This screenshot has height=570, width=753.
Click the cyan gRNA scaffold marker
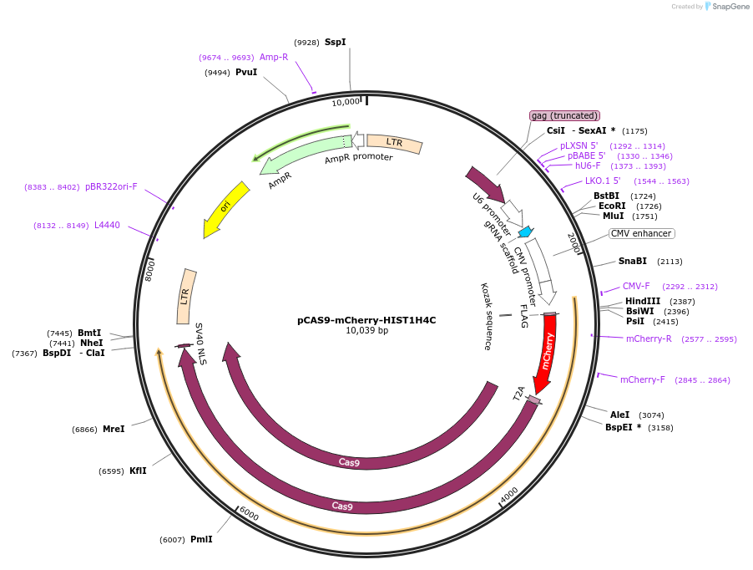tap(526, 232)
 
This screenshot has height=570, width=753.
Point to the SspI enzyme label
tap(335, 42)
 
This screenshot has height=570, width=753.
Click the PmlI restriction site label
tap(201, 539)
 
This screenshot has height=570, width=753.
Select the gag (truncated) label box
tap(564, 115)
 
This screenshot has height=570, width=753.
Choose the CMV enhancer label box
tap(640, 233)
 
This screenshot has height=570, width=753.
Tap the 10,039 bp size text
tap(366, 331)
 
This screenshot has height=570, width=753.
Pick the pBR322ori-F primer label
tap(111, 186)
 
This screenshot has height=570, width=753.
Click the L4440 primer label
tap(107, 225)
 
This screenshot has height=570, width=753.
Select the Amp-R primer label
tap(274, 57)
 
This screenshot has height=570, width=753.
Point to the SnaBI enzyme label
tap(632, 261)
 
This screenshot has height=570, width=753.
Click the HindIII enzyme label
tap(642, 301)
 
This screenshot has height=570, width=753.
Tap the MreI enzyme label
tap(114, 429)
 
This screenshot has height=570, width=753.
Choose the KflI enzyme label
tap(138, 471)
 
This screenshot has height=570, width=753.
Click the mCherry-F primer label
tap(642, 379)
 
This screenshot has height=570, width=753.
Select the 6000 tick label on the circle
tap(249, 515)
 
